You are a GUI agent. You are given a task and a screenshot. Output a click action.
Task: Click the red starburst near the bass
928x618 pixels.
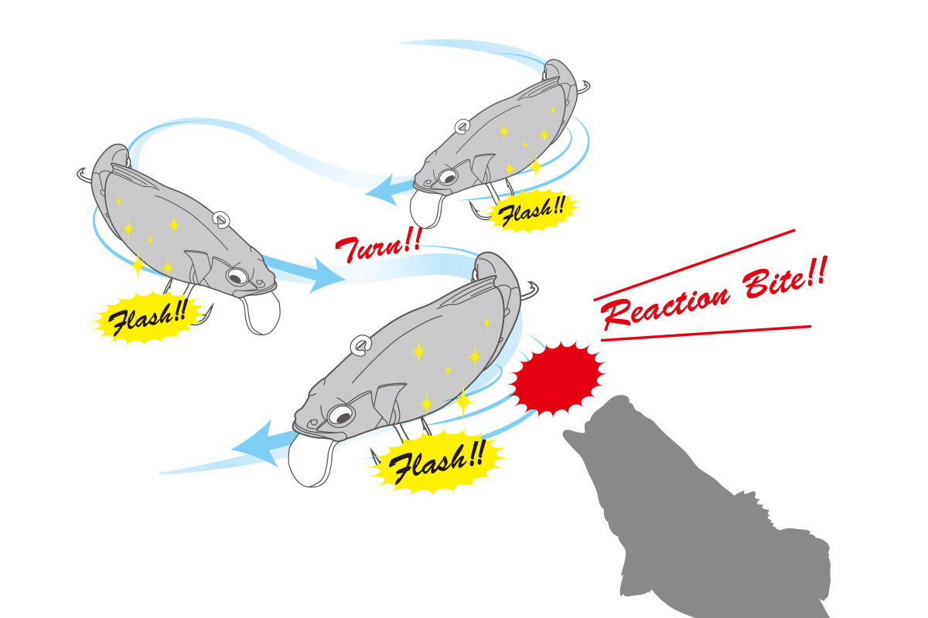point(558,378)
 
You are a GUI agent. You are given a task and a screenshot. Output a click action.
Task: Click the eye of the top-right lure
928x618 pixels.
point(448,177)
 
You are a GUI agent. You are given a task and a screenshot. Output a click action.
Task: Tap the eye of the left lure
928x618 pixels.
point(237,277)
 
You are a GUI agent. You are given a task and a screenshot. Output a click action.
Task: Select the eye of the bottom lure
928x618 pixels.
point(341,416)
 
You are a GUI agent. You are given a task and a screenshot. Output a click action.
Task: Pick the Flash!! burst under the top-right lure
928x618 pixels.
point(532,211)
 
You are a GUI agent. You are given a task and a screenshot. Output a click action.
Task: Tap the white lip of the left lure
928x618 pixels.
point(262,313)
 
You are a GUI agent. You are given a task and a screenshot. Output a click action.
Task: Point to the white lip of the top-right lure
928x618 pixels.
point(426,209)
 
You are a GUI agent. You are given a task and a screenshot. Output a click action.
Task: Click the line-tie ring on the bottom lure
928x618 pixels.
point(360,345)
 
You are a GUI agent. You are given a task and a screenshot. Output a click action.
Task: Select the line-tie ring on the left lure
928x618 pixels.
point(222,219)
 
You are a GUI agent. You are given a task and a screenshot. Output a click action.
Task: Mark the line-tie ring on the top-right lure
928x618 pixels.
point(462,126)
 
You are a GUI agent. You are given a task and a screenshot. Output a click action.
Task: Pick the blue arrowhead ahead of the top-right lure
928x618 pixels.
point(384,190)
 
